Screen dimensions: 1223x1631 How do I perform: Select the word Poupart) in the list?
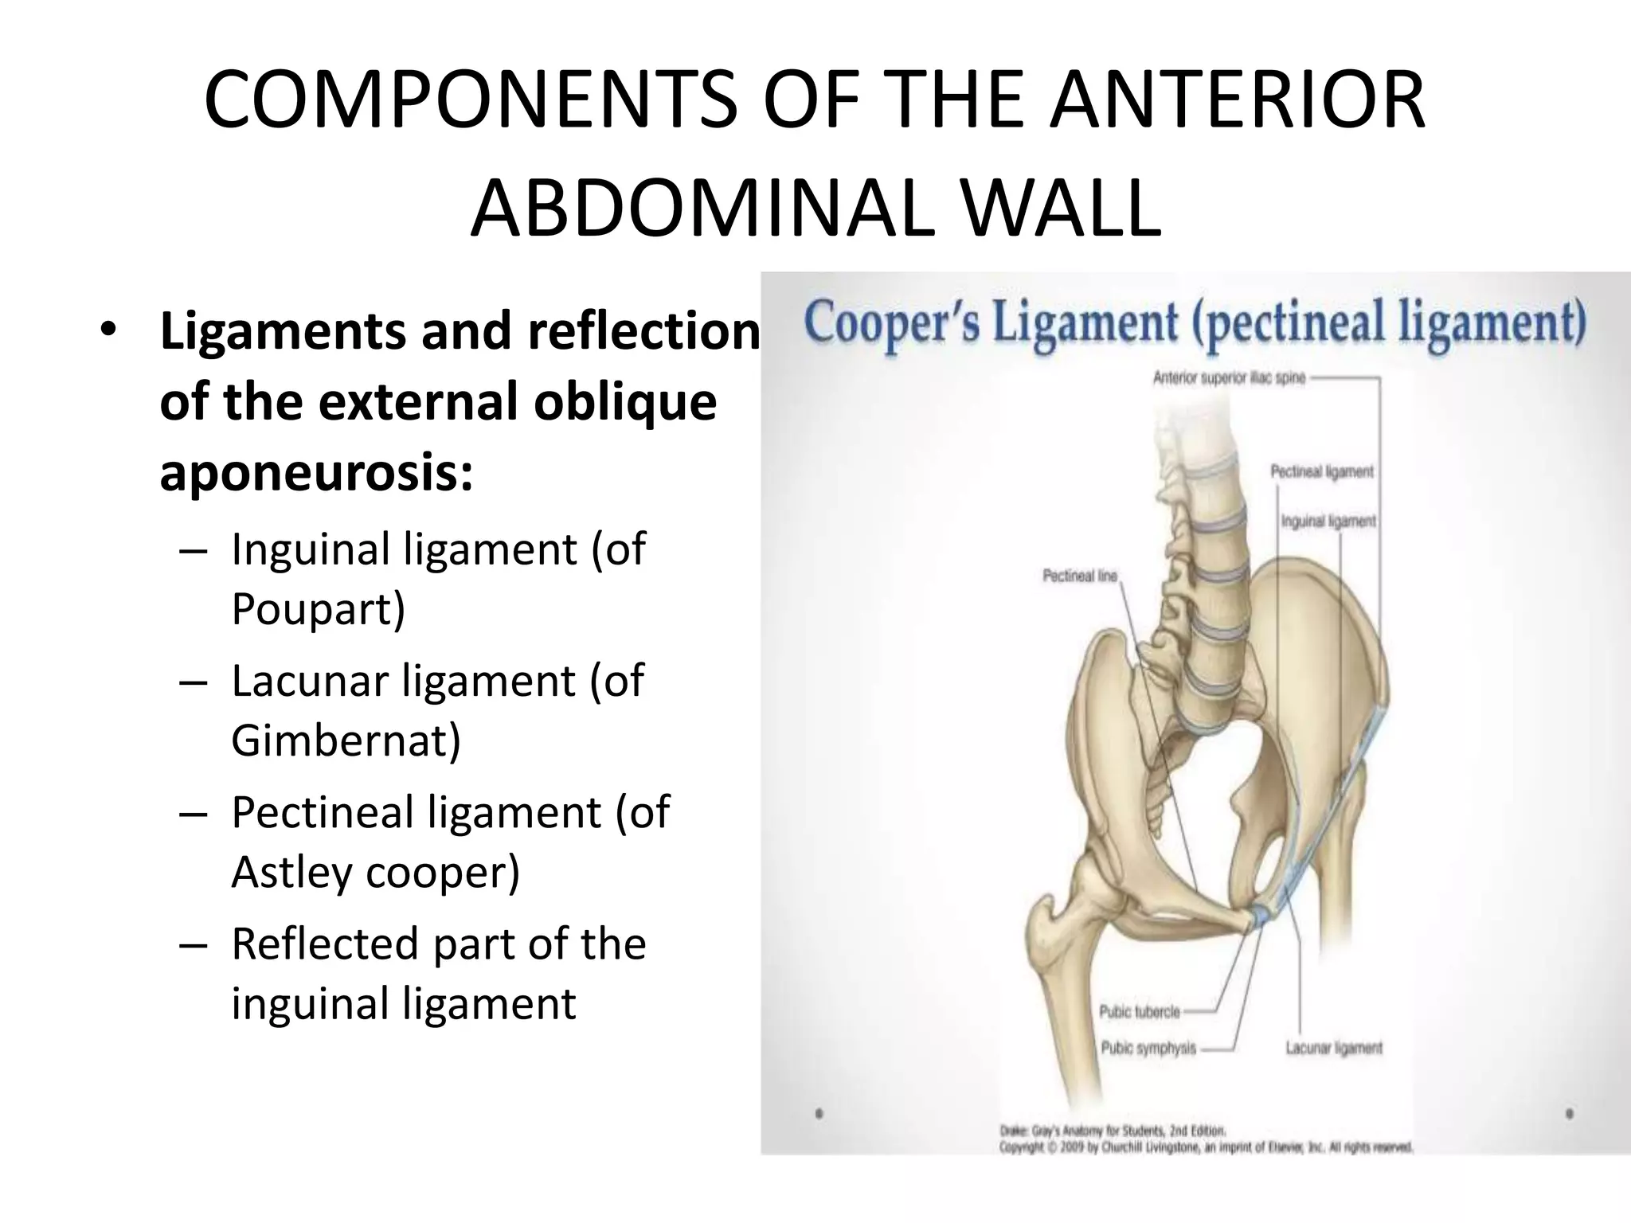point(318,609)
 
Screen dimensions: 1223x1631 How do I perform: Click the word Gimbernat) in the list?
point(346,740)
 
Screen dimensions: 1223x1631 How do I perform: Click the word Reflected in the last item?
point(324,944)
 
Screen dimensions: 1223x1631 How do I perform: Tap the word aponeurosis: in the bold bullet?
point(316,472)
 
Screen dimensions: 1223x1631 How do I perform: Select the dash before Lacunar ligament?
point(194,682)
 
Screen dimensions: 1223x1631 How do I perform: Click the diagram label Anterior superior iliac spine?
point(1229,379)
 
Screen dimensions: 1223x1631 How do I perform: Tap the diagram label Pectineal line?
point(1080,575)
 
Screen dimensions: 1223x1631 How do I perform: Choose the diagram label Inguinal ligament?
point(1328,522)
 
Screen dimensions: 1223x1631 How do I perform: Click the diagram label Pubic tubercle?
point(1139,1012)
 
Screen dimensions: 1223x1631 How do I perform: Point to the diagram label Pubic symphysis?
point(1148,1049)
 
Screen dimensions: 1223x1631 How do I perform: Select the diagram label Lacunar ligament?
point(1334,1049)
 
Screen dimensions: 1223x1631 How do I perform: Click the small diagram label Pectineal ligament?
point(1322,472)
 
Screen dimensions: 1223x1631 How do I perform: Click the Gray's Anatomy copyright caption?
point(1205,1139)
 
